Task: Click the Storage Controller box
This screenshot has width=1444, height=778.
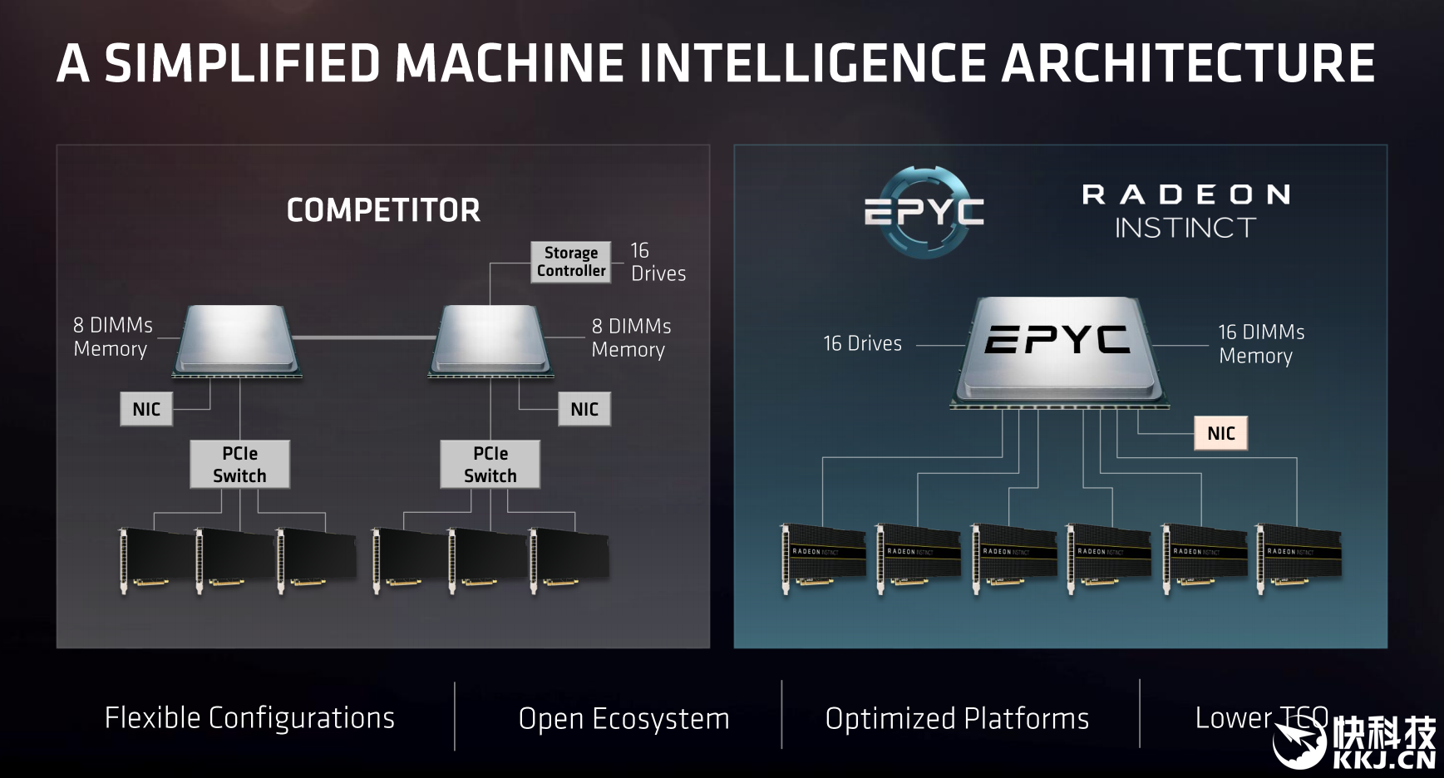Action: (570, 262)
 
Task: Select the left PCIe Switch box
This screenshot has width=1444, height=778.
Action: (239, 464)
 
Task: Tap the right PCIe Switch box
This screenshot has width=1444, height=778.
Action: (490, 464)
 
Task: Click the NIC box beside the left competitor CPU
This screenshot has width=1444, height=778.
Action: (146, 409)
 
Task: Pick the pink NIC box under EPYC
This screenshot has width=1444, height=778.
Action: (1220, 433)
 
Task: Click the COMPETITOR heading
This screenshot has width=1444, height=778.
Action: (383, 210)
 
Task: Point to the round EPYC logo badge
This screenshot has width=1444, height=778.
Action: (924, 212)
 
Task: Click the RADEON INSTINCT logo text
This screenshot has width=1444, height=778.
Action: (1186, 211)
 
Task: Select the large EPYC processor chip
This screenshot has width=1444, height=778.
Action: (1057, 349)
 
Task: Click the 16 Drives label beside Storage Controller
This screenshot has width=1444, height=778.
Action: (658, 262)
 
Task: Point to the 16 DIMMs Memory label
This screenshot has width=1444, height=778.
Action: (1260, 343)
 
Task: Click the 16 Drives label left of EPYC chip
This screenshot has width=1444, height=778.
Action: (862, 343)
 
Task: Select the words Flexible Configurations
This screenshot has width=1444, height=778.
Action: (249, 717)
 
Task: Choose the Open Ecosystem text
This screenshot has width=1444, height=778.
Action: (623, 718)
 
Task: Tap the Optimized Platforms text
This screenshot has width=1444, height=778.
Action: (957, 718)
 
